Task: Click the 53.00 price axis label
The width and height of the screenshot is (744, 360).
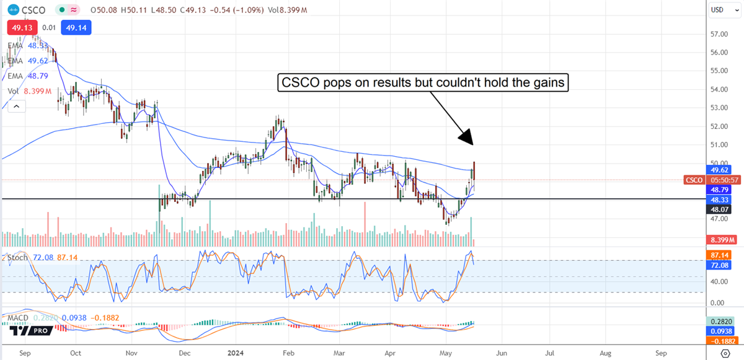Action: pyautogui.click(x=719, y=108)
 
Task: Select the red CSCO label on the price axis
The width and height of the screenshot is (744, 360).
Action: pyautogui.click(x=693, y=180)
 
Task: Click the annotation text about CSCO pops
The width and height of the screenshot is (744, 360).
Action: pyautogui.click(x=423, y=84)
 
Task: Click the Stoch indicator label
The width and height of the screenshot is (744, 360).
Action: pyautogui.click(x=17, y=257)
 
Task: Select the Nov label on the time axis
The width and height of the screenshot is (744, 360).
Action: pyautogui.click(x=131, y=352)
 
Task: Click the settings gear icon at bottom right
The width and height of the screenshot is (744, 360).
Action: pyautogui.click(x=725, y=352)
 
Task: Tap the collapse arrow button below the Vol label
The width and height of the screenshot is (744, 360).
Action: pyautogui.click(x=17, y=107)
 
